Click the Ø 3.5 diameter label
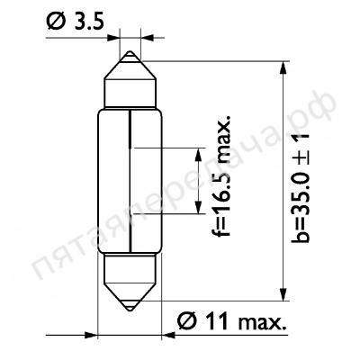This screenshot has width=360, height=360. pyautogui.click(x=76, y=22)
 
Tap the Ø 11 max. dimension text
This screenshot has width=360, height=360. pyautogui.click(x=231, y=322)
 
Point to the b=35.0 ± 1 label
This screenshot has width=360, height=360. pyautogui.click(x=300, y=187)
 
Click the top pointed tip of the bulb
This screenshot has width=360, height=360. pyautogui.click(x=130, y=51)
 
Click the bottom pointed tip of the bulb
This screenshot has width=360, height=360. pyautogui.click(x=130, y=311)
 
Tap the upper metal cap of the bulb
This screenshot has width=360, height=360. pyautogui.click(x=130, y=79)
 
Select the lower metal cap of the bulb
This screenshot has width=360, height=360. pyautogui.click(x=130, y=282)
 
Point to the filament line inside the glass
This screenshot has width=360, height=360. pyautogui.click(x=130, y=181)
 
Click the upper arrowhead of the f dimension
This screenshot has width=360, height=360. pyautogui.click(x=198, y=155)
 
